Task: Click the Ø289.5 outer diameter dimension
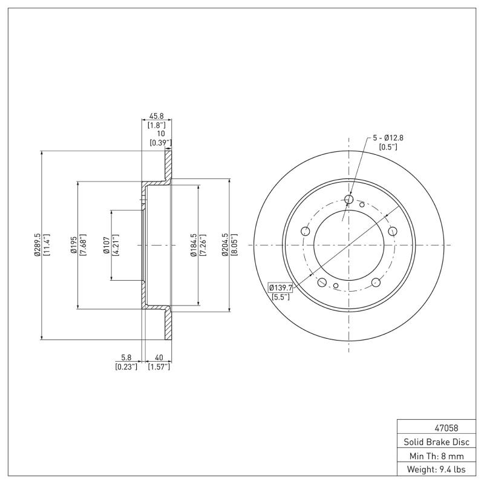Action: pyautogui.click(x=38, y=245)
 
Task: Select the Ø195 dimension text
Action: pyautogui.click(x=74, y=245)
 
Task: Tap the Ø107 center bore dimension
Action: pyautogui.click(x=107, y=245)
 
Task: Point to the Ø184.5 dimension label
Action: pyautogui.click(x=194, y=245)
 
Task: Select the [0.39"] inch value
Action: pyautogui.click(x=160, y=143)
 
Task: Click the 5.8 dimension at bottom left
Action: pyautogui.click(x=126, y=358)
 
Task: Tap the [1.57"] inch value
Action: pyautogui.click(x=159, y=367)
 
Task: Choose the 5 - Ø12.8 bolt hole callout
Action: pyautogui.click(x=387, y=138)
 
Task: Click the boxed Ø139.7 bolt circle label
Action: pyautogui.click(x=280, y=287)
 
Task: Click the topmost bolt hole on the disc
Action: pyautogui.click(x=348, y=199)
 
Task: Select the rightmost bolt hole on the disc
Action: pyautogui.click(x=392, y=231)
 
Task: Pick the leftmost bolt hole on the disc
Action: pyautogui.click(x=305, y=231)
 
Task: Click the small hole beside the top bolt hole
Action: pyautogui.click(x=362, y=204)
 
